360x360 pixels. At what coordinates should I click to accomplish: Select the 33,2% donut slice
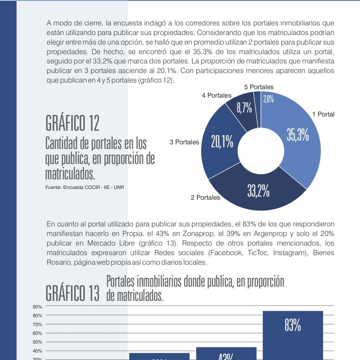point(258,191)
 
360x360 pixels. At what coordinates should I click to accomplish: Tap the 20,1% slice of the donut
point(222,142)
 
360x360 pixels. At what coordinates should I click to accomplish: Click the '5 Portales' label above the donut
point(259,87)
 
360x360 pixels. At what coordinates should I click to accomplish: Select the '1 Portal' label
point(323,114)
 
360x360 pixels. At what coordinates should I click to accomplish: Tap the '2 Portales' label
point(205,198)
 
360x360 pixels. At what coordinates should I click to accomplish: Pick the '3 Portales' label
point(184,142)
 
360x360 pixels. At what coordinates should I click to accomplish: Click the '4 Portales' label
point(216,95)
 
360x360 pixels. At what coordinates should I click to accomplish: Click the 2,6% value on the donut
point(268,99)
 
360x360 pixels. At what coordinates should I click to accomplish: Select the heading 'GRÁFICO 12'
point(72,124)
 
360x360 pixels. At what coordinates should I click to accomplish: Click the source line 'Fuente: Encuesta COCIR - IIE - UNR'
point(85,187)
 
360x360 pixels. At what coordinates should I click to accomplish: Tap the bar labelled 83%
point(293,333)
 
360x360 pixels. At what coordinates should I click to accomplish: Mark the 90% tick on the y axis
point(37,307)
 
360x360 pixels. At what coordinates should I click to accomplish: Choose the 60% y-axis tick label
point(37,333)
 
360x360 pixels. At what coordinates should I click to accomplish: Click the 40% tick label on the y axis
point(37,351)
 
